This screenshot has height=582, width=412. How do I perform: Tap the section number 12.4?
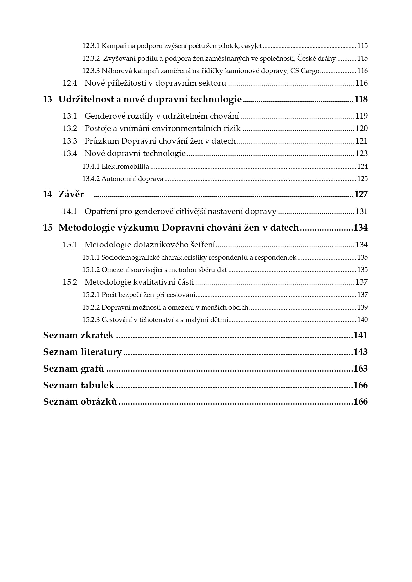[70, 83]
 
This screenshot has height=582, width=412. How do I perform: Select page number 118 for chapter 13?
[361, 99]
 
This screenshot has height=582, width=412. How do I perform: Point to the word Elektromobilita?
[125, 166]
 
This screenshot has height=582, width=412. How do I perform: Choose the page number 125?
[362, 179]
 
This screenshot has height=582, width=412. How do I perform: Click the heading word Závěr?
[71, 194]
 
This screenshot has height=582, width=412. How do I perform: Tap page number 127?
[361, 194]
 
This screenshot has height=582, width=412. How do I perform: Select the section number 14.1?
[70, 211]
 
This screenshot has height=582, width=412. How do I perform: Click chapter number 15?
[48, 228]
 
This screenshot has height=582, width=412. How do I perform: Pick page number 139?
[362, 307]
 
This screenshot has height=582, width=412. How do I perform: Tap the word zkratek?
[97, 335]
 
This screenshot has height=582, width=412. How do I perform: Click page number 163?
[361, 369]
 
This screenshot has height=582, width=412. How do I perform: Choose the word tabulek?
[97, 385]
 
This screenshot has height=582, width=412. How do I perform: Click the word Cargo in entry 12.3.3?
[310, 71]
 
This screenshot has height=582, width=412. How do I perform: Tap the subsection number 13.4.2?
[91, 179]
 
